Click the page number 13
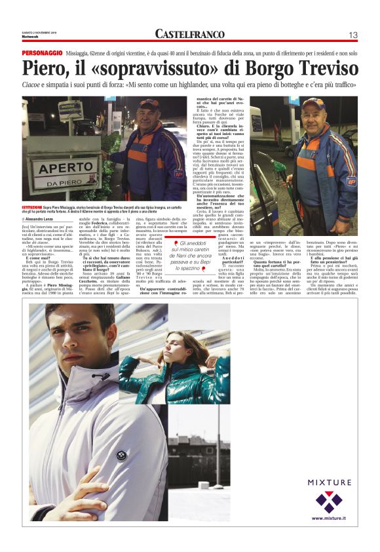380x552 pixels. coord(352,35)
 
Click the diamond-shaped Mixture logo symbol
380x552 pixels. coord(329,502)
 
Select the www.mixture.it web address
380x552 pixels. coord(329,519)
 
